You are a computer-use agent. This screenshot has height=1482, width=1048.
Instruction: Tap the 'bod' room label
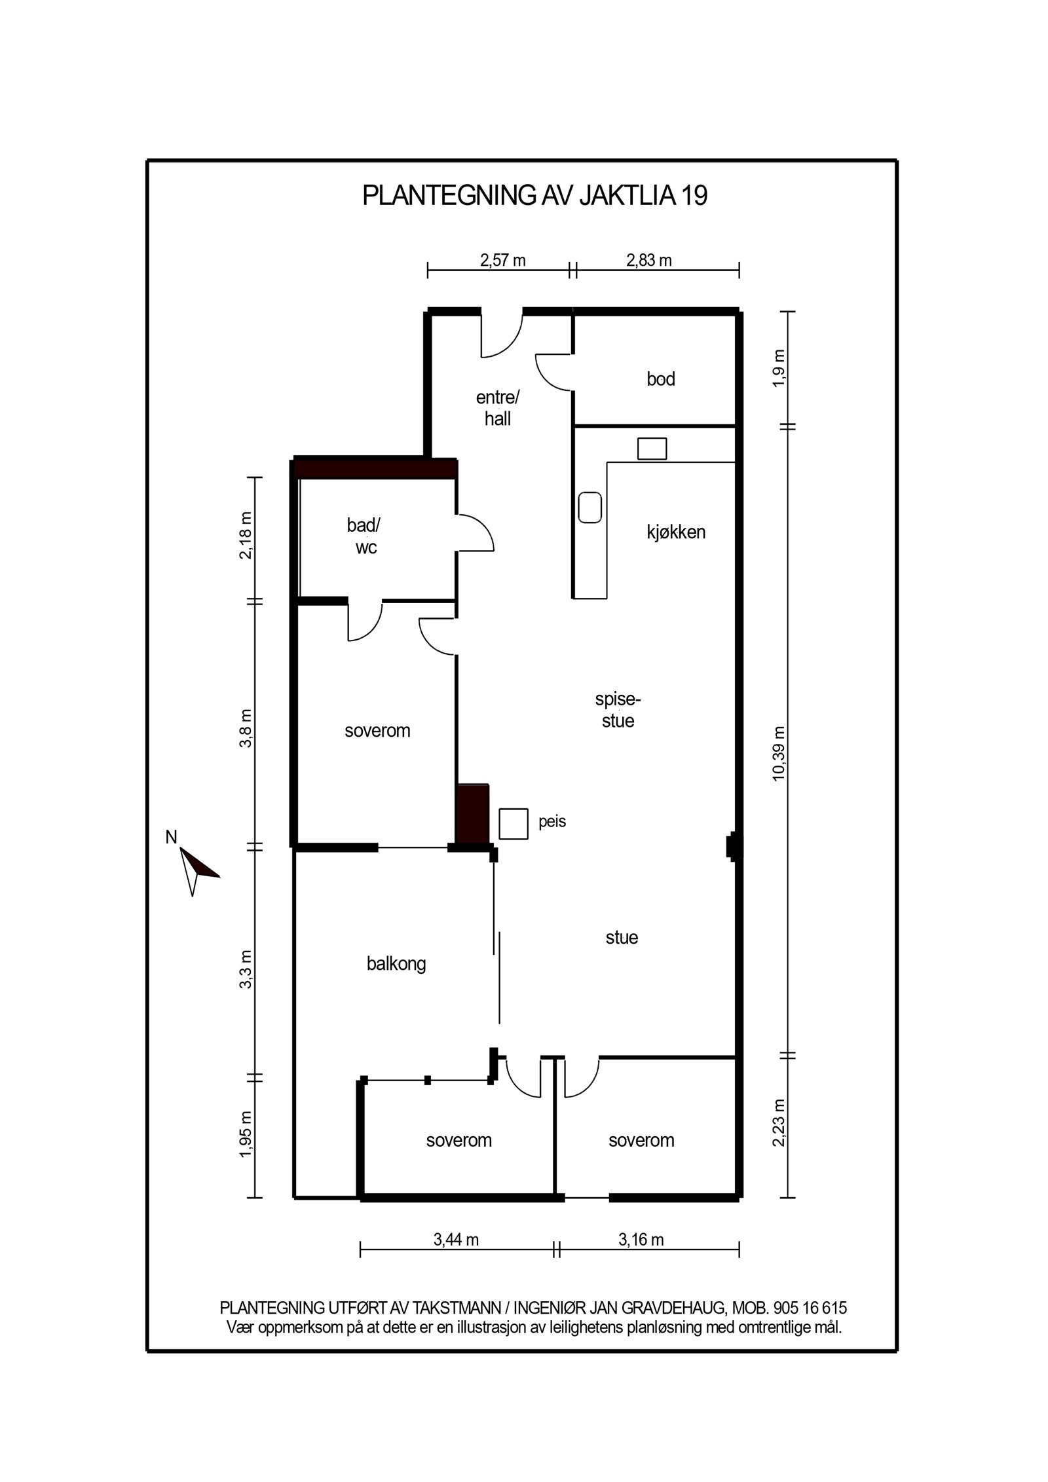pyautogui.click(x=660, y=379)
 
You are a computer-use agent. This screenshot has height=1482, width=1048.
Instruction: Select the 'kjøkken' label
pyautogui.click(x=675, y=532)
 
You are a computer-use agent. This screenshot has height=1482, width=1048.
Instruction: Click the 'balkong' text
pyautogui.click(x=396, y=963)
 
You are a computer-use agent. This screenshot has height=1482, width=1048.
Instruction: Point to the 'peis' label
pyautogui.click(x=552, y=821)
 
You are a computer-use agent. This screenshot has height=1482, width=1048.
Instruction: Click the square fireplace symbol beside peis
pyautogui.click(x=514, y=824)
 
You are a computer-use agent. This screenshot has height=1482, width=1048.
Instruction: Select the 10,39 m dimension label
pyautogui.click(x=778, y=752)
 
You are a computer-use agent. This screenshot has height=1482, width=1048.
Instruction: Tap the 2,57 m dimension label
pyautogui.click(x=503, y=261)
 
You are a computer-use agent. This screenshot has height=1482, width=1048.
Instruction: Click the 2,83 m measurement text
pyautogui.click(x=649, y=261)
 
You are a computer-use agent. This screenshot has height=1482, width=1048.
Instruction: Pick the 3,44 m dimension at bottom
pyautogui.click(x=456, y=1240)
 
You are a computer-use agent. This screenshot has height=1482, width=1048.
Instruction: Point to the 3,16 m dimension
pyautogui.click(x=641, y=1240)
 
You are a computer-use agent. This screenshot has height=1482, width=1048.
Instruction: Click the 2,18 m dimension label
pyautogui.click(x=246, y=536)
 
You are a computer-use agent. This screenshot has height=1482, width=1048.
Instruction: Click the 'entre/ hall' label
pyautogui.click(x=497, y=407)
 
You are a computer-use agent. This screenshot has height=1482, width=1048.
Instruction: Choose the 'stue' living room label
pyautogui.click(x=622, y=937)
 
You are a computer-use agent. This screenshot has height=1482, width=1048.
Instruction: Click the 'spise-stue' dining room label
pyautogui.click(x=618, y=710)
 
